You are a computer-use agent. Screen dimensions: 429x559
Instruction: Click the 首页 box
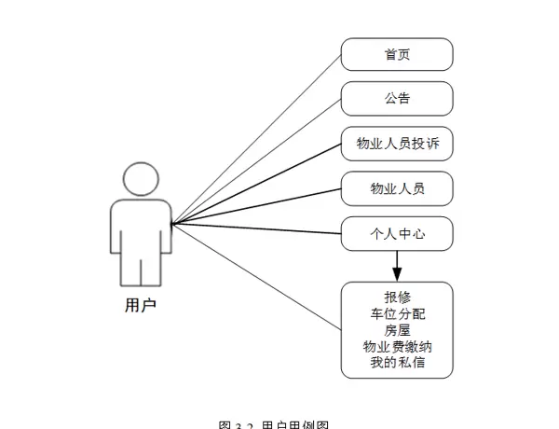[397, 54]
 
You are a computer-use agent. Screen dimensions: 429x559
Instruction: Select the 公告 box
[397, 98]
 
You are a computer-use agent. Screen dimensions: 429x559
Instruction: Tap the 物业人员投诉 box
[397, 144]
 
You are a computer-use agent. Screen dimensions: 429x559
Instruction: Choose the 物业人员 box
[397, 188]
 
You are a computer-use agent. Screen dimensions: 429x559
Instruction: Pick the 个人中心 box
[397, 233]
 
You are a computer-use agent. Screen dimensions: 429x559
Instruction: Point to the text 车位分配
[397, 314]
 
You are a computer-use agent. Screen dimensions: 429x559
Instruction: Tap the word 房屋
[397, 330]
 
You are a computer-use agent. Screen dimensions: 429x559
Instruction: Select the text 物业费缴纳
[397, 346]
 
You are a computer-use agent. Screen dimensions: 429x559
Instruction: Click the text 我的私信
[397, 362]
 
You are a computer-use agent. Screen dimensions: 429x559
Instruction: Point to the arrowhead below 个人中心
[397, 273]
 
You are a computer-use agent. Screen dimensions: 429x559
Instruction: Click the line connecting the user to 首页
[256, 139]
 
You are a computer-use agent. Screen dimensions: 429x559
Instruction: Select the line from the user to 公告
[256, 161]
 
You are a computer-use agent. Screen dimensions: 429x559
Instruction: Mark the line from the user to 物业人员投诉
[256, 184]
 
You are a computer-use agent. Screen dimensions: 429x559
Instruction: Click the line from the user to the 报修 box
[256, 277]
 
